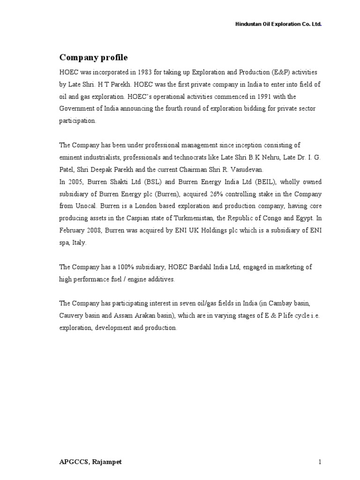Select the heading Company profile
pos(93,58)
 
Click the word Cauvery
pos(70,315)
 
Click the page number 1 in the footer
pos(320,462)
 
